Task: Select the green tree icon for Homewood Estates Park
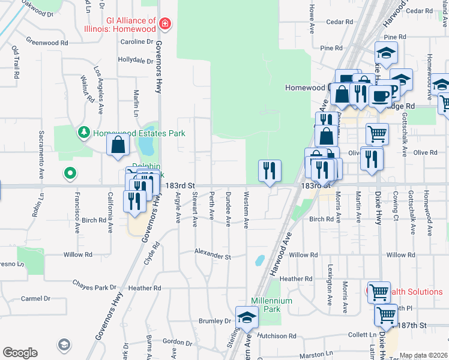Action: click(83, 131)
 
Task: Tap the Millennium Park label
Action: click(271, 305)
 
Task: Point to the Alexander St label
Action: click(212, 256)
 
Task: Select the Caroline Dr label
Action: click(137, 41)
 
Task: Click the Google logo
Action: click(20, 352)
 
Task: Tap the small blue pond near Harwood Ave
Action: click(259, 260)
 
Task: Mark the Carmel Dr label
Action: click(35, 298)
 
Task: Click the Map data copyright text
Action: click(423, 355)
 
